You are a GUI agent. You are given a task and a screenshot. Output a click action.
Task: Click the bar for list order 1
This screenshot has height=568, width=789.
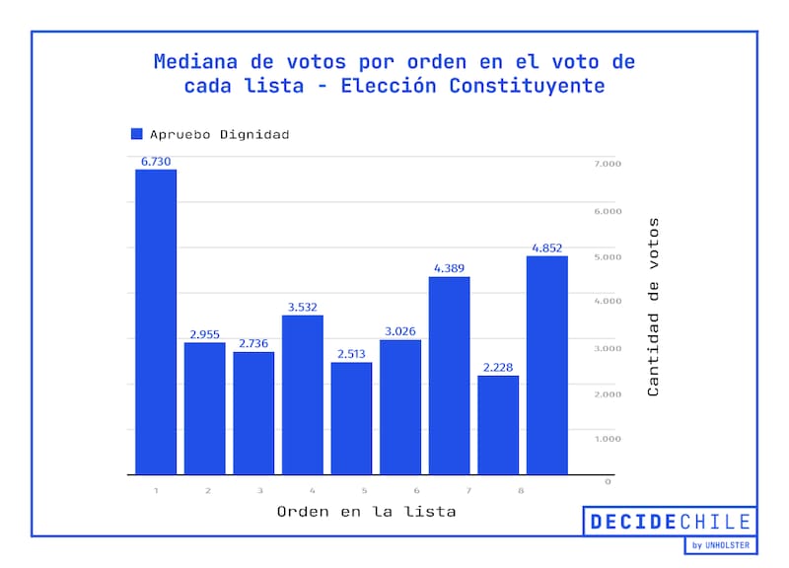click(x=156, y=321)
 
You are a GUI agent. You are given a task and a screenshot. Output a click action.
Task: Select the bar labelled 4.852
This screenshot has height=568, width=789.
click(x=546, y=365)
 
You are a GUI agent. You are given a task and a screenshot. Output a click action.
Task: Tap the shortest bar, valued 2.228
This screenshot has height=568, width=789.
click(x=498, y=425)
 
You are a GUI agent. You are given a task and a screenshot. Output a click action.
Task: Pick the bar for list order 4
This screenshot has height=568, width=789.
click(x=303, y=394)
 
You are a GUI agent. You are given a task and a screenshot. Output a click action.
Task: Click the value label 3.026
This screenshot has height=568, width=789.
click(x=400, y=331)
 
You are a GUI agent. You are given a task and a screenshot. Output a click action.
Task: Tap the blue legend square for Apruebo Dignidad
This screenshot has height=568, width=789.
click(x=137, y=134)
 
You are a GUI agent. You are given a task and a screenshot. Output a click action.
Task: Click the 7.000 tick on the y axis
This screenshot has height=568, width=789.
click(x=607, y=164)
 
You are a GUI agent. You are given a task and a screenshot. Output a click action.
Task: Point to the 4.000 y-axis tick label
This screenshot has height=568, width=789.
click(x=607, y=301)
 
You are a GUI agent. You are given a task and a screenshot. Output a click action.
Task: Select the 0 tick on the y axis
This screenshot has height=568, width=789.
click(x=608, y=481)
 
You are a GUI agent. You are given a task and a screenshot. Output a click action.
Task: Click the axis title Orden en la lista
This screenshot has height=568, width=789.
click(x=366, y=512)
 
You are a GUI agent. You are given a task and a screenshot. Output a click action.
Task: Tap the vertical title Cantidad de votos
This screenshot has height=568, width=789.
click(x=653, y=307)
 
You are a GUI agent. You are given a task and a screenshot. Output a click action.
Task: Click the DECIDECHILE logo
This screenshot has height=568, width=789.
click(x=670, y=523)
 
